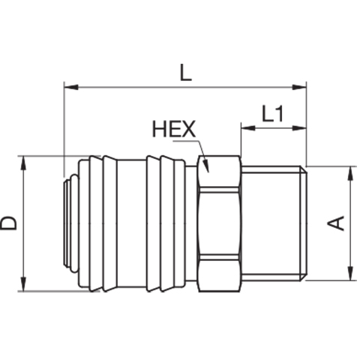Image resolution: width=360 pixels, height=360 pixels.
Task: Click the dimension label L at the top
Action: click(x=186, y=73)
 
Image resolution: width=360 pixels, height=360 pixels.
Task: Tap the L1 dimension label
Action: click(x=272, y=113)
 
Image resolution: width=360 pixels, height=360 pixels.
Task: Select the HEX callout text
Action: click(x=174, y=129)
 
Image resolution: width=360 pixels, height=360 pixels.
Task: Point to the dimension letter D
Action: click(x=9, y=223)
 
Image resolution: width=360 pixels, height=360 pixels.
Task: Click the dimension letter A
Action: click(x=336, y=223)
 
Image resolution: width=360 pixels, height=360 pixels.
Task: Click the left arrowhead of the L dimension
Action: click(x=71, y=87)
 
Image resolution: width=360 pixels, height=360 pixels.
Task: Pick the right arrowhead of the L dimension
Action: click(x=299, y=87)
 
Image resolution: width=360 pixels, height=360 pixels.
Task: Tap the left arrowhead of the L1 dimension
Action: click(x=248, y=128)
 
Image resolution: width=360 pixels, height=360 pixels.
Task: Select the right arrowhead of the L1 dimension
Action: click(x=299, y=128)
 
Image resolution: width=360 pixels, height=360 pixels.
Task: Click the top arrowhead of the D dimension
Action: click(x=24, y=163)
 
